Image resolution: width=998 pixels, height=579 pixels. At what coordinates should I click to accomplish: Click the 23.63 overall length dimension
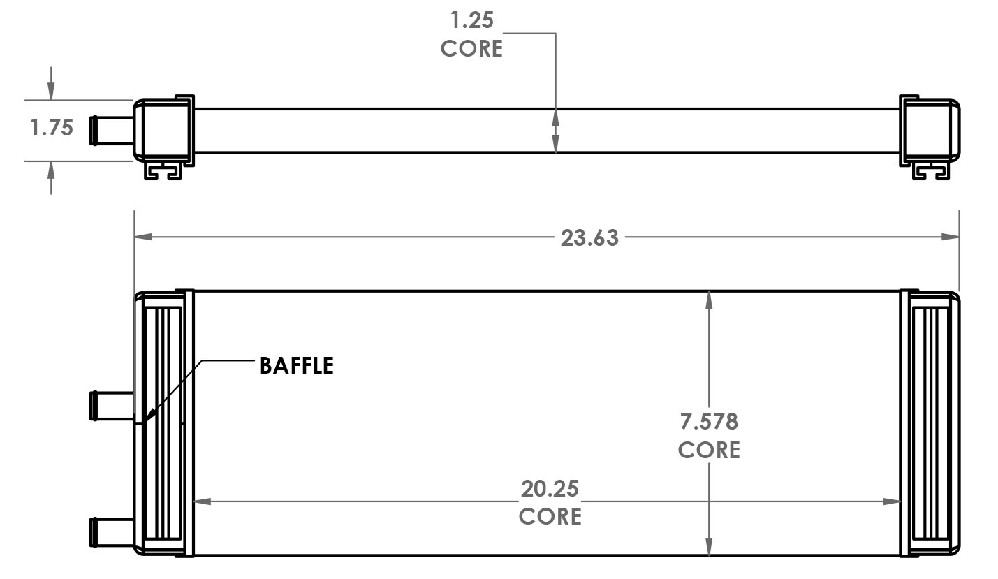pos(589,237)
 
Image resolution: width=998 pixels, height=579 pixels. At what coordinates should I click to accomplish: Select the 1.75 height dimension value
pos(52,128)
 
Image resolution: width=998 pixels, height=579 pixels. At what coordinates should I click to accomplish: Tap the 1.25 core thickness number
pos(472,20)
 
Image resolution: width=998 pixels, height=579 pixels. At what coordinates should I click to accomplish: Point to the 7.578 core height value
pos(709,421)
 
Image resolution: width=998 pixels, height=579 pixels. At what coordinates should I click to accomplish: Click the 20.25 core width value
pos(550,488)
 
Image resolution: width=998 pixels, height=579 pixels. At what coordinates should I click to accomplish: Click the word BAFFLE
pos(296,365)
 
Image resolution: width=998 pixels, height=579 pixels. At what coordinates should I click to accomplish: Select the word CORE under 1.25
pos(471,48)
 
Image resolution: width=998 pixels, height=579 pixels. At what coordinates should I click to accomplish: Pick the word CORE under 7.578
pos(709,450)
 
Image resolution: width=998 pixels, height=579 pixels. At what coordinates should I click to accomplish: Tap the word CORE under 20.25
pos(550,516)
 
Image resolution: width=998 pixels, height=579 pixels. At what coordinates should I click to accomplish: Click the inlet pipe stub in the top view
pos(111,131)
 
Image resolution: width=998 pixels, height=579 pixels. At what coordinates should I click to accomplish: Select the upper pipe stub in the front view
pos(111,406)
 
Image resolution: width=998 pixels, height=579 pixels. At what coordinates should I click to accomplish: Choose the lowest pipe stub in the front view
pos(111,532)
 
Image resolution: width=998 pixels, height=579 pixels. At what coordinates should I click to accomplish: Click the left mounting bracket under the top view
pos(164,170)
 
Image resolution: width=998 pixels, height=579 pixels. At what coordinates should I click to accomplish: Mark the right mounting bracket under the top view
pos(931,170)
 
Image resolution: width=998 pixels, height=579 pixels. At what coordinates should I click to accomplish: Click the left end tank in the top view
pos(163,129)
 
